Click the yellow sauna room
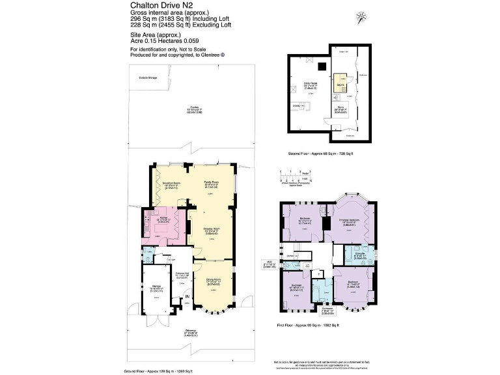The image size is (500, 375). (340, 84)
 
